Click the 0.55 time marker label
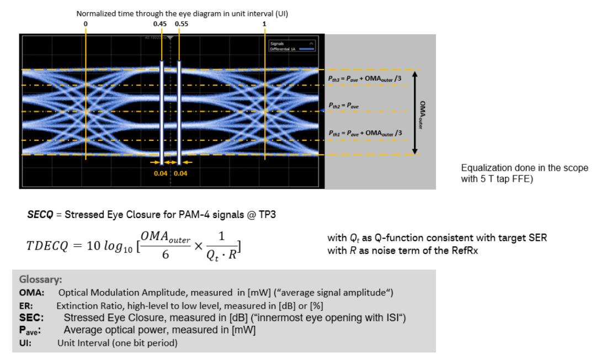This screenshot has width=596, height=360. (180, 24)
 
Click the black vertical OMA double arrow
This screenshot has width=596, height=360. (416, 113)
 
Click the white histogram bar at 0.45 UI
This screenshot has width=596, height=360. (162, 113)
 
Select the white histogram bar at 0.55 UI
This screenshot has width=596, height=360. (179, 113)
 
